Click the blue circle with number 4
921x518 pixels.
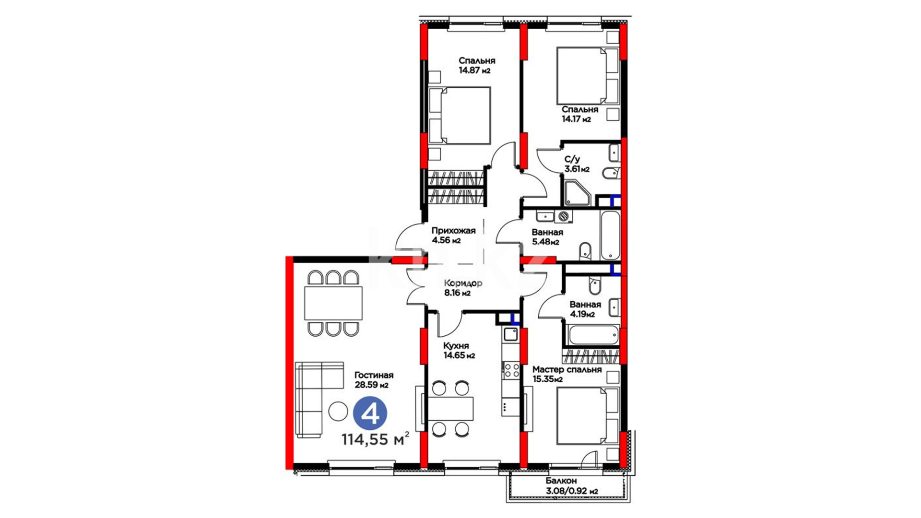pos(370,413)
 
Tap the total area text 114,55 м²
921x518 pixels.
pos(375,438)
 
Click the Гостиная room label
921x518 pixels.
pos(374,375)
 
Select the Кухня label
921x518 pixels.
pos(456,346)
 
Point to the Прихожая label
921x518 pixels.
pos(453,230)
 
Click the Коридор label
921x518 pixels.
pos(463,283)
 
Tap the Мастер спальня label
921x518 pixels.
pos(567,370)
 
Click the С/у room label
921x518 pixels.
pos(572,159)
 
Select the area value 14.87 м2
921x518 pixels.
pos(474,70)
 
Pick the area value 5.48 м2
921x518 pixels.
pos(545,242)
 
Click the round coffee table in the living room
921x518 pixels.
pos(338,411)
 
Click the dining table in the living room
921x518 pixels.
pos(333,303)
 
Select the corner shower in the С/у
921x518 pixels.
pos(577,193)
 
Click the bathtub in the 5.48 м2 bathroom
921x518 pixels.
pos(610,235)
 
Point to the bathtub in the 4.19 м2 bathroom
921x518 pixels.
pos(594,335)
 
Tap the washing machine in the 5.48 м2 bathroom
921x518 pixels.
pos(564,216)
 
